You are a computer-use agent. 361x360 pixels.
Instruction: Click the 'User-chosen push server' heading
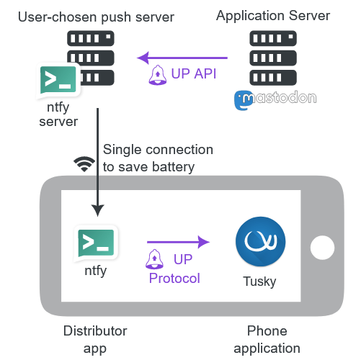coord(96,17)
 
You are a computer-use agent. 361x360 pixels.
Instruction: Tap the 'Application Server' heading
coord(273,16)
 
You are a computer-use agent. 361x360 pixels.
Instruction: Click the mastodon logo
coord(275,100)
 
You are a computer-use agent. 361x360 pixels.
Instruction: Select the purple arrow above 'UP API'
coord(182,58)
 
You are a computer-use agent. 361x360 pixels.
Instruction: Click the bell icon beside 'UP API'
coord(158,75)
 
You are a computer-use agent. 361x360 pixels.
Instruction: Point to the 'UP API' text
coord(194,73)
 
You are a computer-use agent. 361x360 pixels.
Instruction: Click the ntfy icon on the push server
coord(58,81)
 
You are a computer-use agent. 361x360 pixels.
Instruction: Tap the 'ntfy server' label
coord(58,114)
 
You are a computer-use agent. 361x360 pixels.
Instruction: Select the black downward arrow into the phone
coord(98,162)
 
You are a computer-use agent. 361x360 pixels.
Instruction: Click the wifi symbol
coord(84,164)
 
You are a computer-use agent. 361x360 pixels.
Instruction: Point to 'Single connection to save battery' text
coord(158,158)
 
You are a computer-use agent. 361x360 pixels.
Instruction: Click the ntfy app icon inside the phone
coord(96,243)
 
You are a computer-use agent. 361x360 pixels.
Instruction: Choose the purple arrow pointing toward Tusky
coord(178,242)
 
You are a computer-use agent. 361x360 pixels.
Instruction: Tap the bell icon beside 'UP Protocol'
coord(154,259)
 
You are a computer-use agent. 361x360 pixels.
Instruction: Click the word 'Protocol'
coord(174,279)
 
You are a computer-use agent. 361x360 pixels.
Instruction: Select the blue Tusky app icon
coord(261,241)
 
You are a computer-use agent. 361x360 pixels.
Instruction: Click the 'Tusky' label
coord(259,282)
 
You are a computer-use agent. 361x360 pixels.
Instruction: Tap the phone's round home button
coord(322,248)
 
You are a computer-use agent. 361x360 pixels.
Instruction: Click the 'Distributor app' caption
coord(95,340)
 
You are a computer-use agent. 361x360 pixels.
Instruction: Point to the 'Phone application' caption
coord(267,340)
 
